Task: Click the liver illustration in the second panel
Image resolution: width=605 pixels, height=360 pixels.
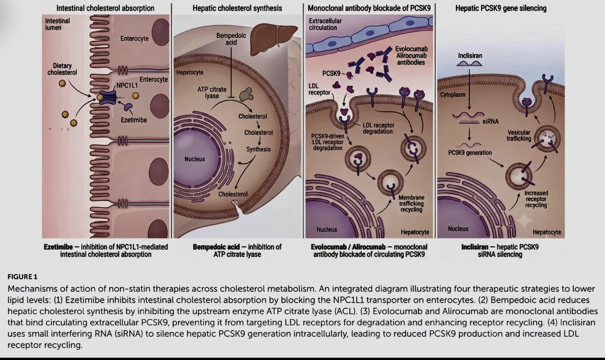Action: coord(273,39)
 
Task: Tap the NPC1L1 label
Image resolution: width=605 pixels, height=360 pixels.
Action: coord(127,86)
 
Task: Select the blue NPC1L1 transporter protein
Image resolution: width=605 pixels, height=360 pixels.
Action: coord(107,97)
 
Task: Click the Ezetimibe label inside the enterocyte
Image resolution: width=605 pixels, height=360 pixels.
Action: coord(134,120)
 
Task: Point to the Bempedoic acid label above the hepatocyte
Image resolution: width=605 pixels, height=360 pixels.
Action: coord(231,39)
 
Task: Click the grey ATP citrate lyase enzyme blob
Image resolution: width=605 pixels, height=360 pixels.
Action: coord(246,94)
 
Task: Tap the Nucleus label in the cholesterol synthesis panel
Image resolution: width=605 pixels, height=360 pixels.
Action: coord(195,159)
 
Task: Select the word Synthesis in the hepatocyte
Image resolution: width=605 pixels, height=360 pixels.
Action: coord(258,150)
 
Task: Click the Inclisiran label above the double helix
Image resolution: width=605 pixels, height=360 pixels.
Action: coord(470,55)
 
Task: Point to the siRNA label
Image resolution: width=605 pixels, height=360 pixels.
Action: coord(490,122)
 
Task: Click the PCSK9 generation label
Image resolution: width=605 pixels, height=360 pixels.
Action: coord(470,153)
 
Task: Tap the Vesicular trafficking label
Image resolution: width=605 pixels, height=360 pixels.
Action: coord(518,136)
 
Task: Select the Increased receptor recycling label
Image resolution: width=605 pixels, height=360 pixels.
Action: coord(536,199)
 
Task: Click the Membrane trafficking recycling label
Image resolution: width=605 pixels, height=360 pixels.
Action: coord(411,204)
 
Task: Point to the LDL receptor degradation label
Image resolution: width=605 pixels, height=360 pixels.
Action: coord(378,128)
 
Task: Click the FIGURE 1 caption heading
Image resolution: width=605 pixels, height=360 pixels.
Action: coord(22,277)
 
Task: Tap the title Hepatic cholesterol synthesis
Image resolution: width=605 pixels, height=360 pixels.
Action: coord(237,8)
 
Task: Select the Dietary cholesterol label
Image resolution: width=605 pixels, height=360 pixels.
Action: coord(62,69)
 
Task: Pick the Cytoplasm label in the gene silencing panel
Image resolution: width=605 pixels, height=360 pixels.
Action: coord(453,95)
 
